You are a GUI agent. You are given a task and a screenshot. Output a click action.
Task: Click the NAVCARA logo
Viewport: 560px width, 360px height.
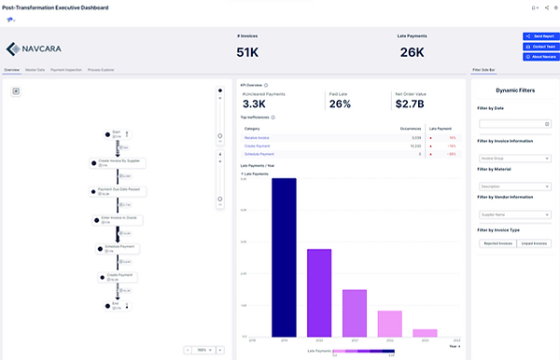34,49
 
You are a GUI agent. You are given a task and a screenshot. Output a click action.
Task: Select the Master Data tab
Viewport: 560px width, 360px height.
35,70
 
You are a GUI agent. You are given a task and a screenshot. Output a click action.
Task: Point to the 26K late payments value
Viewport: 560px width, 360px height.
413,51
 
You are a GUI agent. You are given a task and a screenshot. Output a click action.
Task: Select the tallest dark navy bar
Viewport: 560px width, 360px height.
284,256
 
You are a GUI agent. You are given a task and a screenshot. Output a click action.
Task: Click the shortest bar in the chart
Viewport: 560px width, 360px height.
426,331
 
